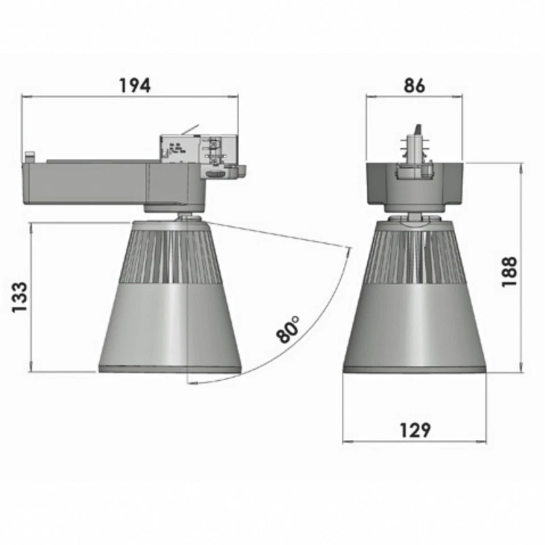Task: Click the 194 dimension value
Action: [x=135, y=85]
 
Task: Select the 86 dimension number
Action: [x=414, y=85]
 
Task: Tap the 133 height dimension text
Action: [x=19, y=297]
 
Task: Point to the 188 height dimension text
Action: [x=509, y=272]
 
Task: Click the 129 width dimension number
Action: [x=414, y=430]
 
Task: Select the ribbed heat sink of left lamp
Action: [x=170, y=255]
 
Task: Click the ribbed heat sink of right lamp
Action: [x=414, y=255]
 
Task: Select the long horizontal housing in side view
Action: [x=85, y=182]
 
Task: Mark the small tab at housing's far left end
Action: [x=29, y=155]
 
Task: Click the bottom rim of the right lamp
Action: [x=414, y=370]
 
